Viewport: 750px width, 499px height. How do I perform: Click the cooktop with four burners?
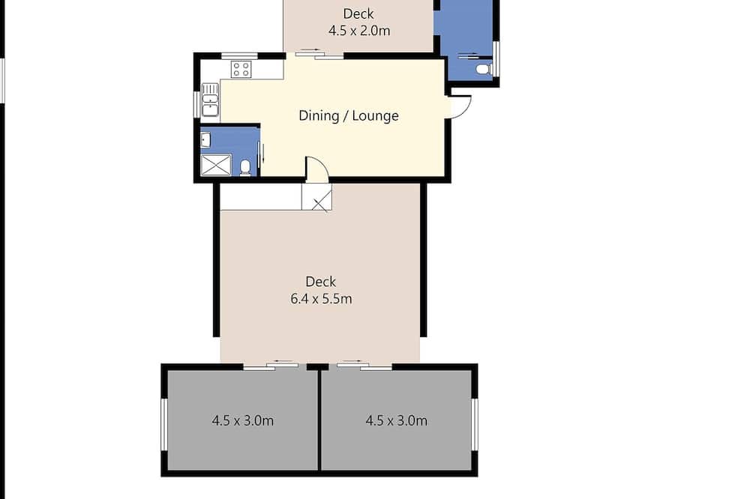point(241,69)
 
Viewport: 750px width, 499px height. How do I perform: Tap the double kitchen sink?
point(210,100)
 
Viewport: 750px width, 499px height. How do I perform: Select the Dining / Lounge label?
point(349,115)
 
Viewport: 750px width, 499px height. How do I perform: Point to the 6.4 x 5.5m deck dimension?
point(321,299)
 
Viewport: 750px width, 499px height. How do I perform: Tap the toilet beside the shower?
point(245,168)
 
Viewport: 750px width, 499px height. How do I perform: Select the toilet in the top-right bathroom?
point(484,69)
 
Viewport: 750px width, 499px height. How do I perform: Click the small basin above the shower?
point(205,139)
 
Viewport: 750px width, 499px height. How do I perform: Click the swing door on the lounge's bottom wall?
point(317,169)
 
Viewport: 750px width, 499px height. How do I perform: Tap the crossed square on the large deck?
point(316,197)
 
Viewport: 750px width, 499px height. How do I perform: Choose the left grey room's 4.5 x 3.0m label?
point(242,420)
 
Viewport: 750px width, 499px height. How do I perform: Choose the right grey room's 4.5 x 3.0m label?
point(397,420)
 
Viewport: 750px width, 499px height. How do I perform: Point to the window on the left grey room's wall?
point(163,424)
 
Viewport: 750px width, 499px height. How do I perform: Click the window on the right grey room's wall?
point(475,424)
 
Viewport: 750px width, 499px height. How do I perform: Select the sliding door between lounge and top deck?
point(319,55)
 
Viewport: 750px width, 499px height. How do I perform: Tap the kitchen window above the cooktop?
point(240,56)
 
